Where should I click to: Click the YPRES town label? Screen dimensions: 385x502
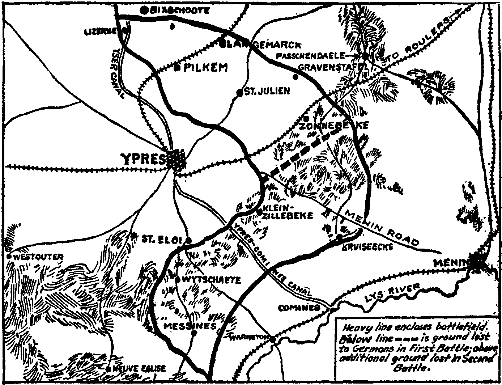click(x=144, y=159)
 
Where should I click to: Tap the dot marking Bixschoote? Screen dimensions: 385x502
click(x=144, y=10)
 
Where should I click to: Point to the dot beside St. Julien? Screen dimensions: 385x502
click(x=239, y=93)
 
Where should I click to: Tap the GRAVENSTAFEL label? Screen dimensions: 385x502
click(x=333, y=67)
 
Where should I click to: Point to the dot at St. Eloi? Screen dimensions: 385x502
click(x=188, y=241)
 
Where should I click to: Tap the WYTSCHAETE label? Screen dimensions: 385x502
click(x=212, y=280)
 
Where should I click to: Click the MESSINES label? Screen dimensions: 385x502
click(x=190, y=326)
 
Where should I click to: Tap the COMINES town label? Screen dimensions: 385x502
click(x=299, y=308)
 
